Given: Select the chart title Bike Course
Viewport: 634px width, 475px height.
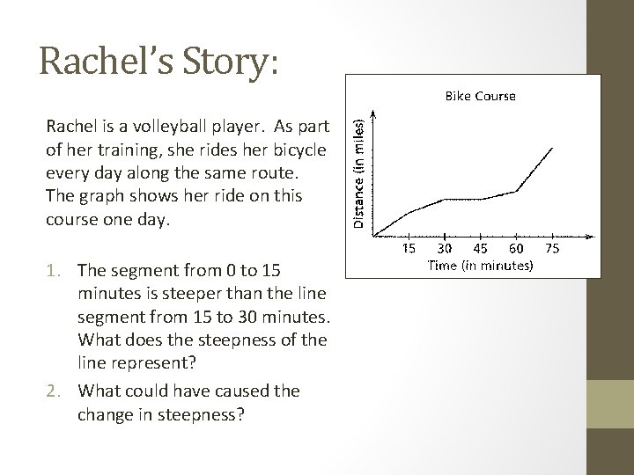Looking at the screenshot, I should click(x=479, y=95).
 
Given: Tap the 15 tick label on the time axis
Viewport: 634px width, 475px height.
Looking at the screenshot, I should click(x=409, y=249).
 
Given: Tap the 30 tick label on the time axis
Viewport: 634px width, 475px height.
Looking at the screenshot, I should click(x=445, y=249).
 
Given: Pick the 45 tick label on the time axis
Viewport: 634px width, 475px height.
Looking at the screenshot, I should click(x=481, y=249).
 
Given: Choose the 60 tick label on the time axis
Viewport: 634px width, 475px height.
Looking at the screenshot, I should click(x=516, y=249).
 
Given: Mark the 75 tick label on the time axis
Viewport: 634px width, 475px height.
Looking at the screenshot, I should click(x=552, y=249).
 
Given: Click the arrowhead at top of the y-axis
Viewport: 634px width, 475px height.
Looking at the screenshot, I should click(x=374, y=113).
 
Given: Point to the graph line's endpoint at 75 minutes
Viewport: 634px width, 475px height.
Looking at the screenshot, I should click(x=552, y=148).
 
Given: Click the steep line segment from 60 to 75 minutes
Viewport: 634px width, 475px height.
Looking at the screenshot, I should click(x=534, y=169).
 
